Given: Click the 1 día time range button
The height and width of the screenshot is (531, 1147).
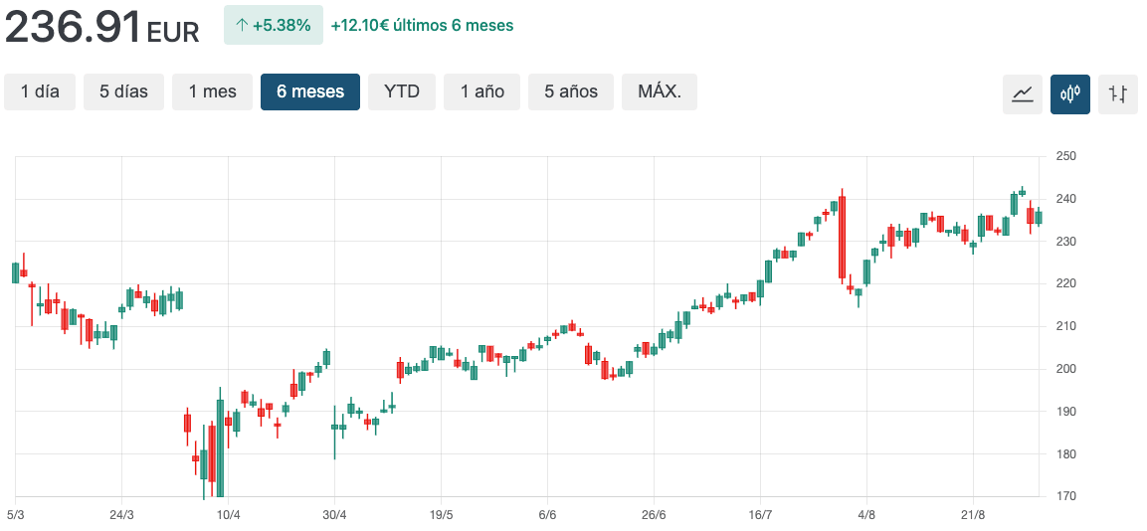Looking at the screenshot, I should [40, 91].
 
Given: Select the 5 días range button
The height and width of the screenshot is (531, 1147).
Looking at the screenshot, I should [123, 91].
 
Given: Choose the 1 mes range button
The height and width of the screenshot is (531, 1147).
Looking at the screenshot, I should [212, 91].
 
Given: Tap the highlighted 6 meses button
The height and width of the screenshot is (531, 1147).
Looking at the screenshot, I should [310, 91].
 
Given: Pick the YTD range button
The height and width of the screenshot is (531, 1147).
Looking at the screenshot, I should [402, 91].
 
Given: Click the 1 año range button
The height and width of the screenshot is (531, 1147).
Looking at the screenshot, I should [481, 91].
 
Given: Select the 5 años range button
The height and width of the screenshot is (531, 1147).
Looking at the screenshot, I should [571, 91].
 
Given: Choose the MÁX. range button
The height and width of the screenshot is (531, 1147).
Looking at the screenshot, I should [660, 91].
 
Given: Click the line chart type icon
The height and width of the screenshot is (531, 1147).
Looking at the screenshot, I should [1022, 94].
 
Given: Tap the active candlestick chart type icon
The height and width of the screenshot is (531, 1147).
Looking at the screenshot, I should [1070, 94].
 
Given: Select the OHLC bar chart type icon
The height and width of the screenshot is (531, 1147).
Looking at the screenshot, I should [1118, 94].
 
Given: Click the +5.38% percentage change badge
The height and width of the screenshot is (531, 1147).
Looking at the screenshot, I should [274, 25].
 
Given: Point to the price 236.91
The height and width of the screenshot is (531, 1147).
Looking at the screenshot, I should [73, 27].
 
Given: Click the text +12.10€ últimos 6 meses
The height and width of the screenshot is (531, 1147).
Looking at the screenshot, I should [422, 25].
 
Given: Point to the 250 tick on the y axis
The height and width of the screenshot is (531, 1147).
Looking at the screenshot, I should [1065, 156].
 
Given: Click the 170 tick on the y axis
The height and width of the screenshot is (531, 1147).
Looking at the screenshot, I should [1065, 496].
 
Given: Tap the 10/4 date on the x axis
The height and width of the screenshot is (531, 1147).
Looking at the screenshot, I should [229, 514].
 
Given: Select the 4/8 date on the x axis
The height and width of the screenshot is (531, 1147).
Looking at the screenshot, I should [866, 514].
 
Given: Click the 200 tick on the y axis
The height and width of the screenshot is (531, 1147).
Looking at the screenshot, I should [1065, 369].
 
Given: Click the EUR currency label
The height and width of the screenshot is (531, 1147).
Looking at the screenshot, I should [173, 32].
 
